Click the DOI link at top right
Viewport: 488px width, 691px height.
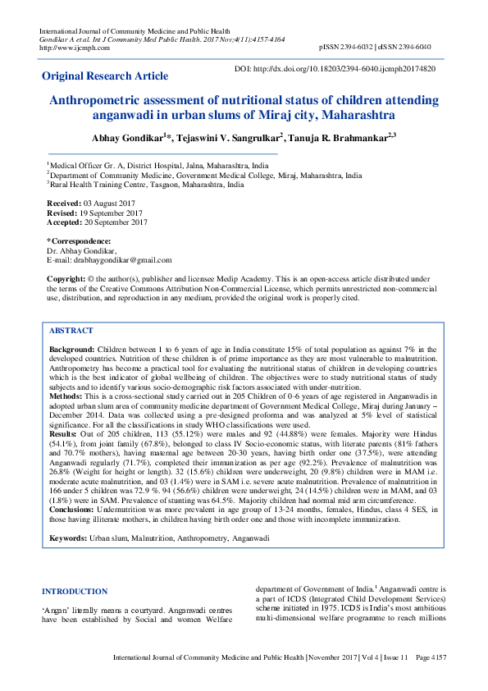click(335, 70)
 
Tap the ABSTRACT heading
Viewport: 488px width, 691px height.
click(71, 330)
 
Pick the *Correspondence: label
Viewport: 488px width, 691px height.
click(76, 240)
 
